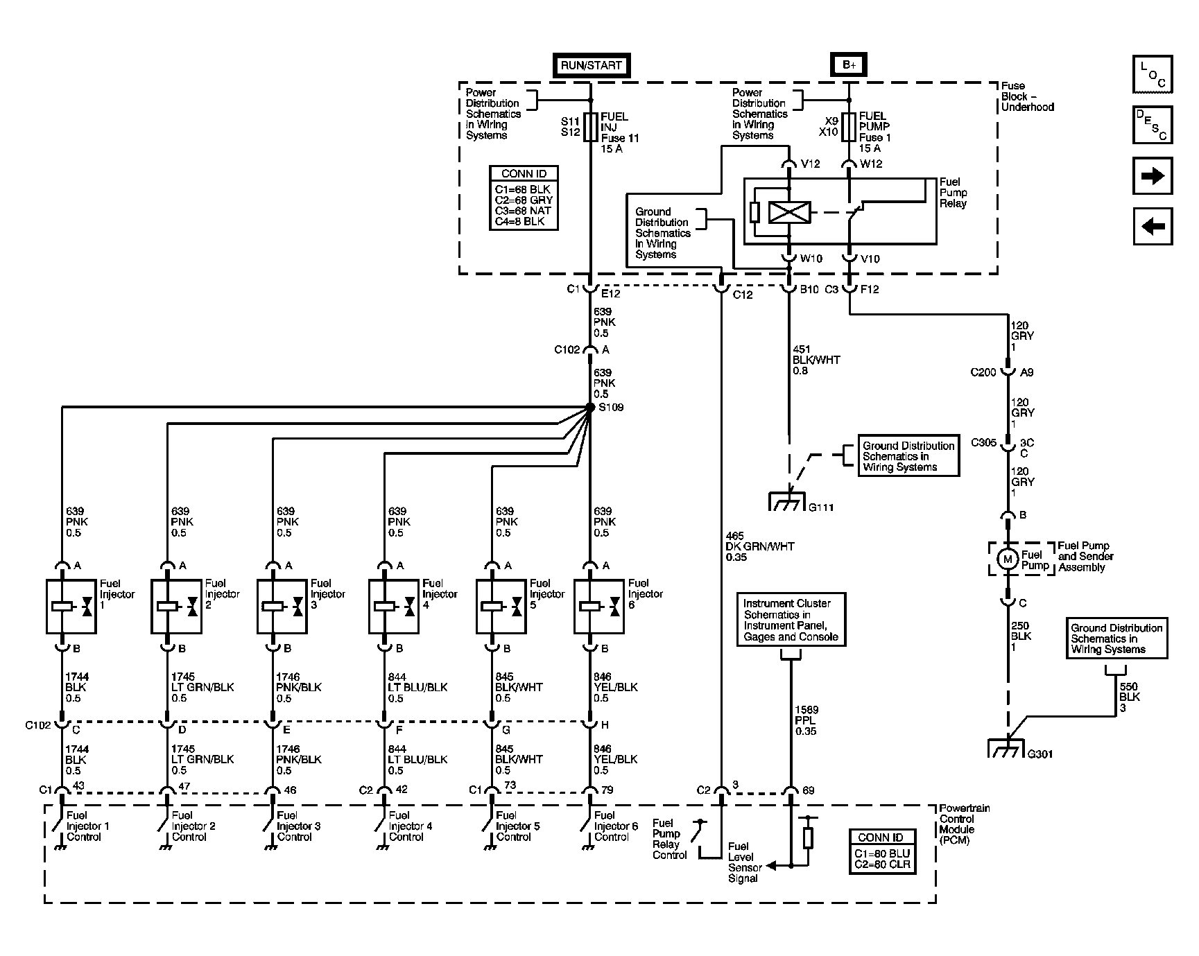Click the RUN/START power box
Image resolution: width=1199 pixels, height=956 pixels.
click(592, 66)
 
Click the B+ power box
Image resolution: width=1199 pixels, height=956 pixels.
click(849, 65)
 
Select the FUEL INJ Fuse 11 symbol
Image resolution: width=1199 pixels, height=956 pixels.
click(590, 127)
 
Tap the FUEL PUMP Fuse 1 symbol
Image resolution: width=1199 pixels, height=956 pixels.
click(849, 126)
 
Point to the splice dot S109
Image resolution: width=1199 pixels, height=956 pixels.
click(590, 408)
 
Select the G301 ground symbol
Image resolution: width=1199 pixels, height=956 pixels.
click(1006, 748)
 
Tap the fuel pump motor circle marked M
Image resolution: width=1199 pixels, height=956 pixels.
click(1008, 559)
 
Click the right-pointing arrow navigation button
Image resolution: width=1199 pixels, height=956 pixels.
click(1152, 176)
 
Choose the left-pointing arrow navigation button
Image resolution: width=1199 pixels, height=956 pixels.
click(1152, 226)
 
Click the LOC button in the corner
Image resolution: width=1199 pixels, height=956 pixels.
click(1152, 75)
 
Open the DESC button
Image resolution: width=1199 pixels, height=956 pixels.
click(1152, 125)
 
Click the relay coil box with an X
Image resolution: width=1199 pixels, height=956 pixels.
click(789, 212)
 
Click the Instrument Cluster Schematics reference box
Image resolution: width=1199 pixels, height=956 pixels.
click(791, 620)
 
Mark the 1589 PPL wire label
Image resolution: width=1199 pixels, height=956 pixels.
click(807, 720)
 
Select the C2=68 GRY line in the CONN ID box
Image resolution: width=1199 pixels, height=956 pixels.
click(524, 200)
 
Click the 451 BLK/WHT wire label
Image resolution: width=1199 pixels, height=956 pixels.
click(816, 360)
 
